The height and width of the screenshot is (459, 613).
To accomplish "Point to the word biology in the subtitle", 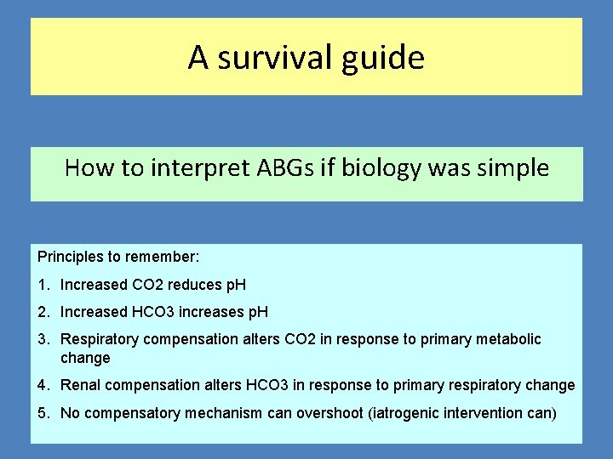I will pyautogui.click(x=380, y=168).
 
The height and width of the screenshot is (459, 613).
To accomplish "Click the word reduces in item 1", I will pyautogui.click(x=192, y=285).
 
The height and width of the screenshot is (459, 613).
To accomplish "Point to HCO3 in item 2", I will pyautogui.click(x=153, y=312).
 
